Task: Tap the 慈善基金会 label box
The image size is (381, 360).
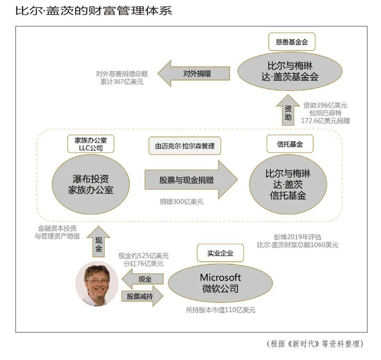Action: pyautogui.click(x=292, y=41)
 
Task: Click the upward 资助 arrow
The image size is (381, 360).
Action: pyautogui.click(x=288, y=112)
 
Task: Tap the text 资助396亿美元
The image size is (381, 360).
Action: pyautogui.click(x=325, y=105)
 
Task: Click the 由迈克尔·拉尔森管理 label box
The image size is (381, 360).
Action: pyautogui.click(x=185, y=145)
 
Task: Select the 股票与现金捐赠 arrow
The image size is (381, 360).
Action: pyautogui.click(x=190, y=180)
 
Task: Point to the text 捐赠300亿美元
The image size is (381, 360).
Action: pyautogui.click(x=182, y=202)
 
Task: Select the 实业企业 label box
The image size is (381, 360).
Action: pyautogui.click(x=218, y=252)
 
